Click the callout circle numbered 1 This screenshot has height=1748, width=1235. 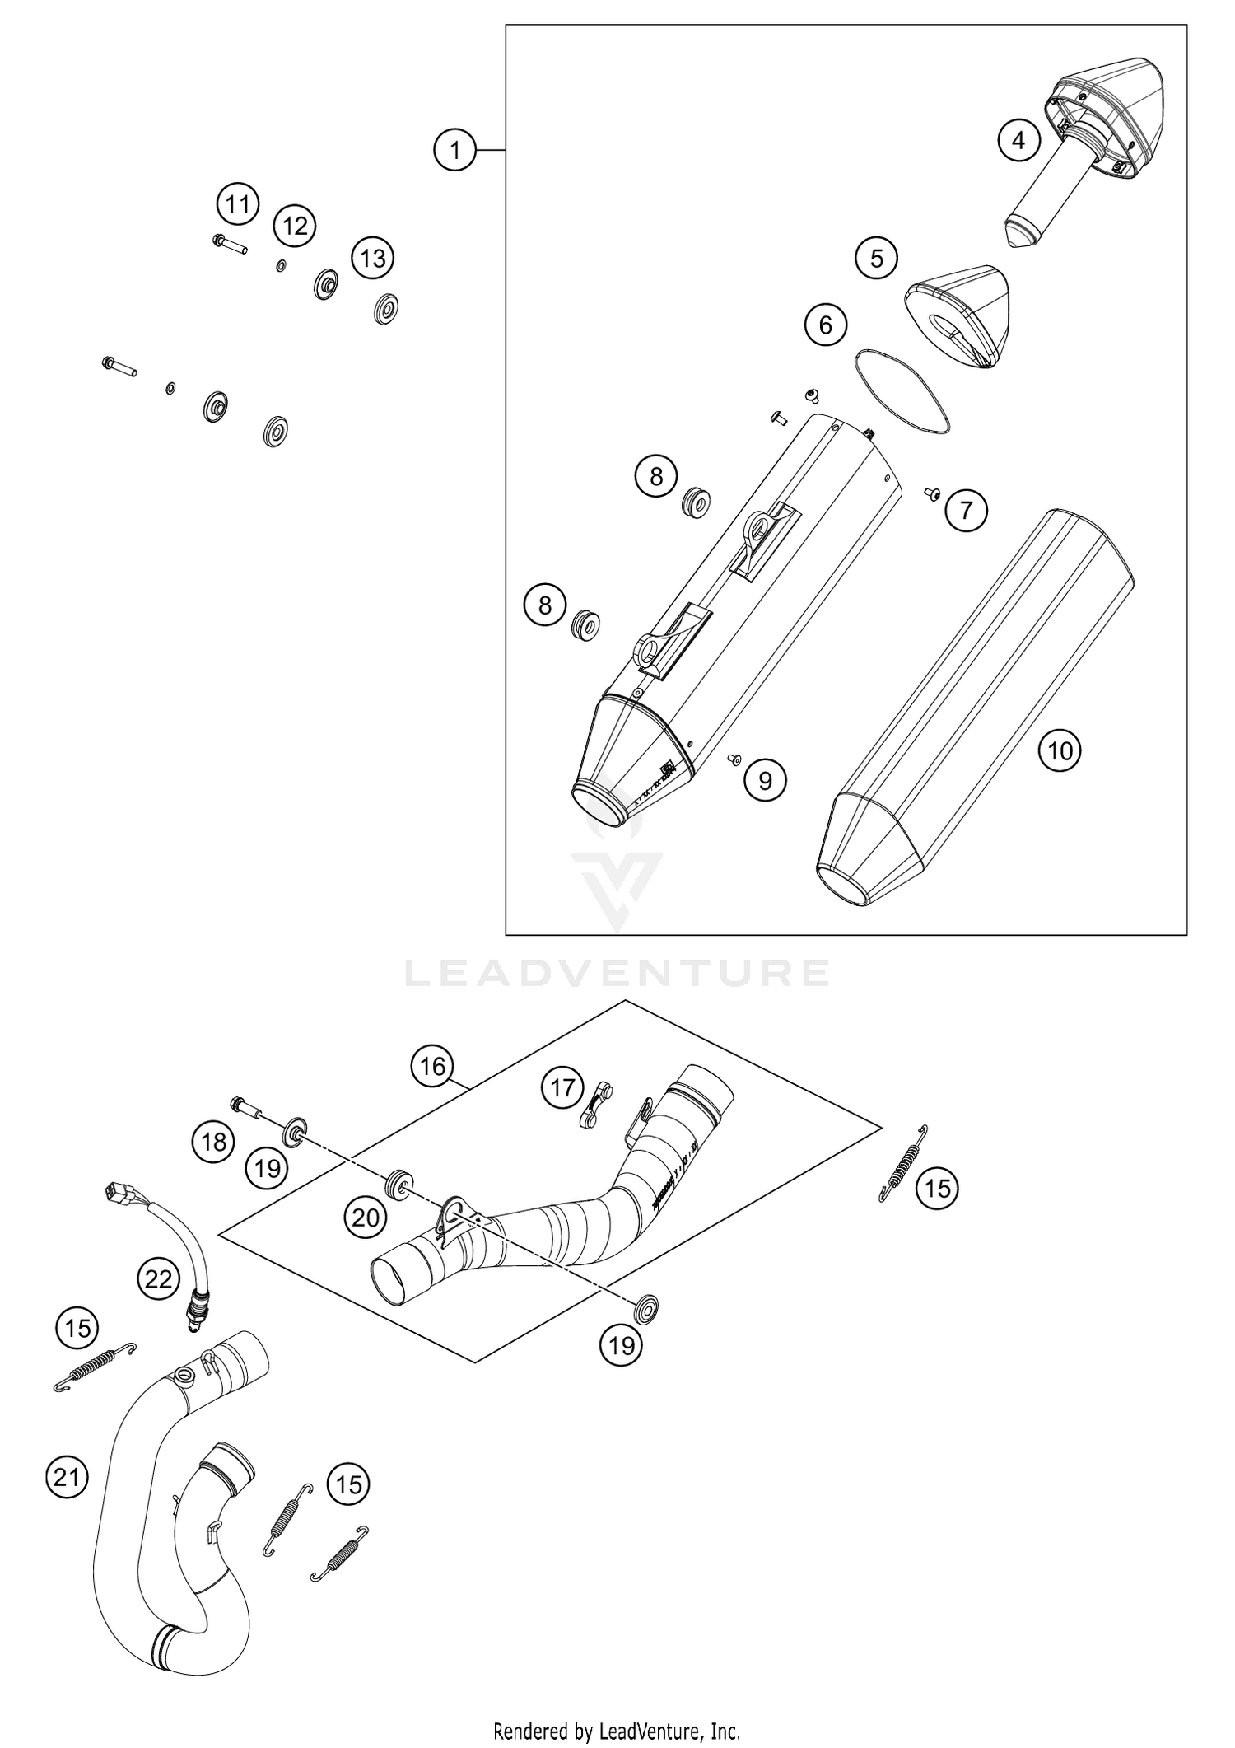(455, 150)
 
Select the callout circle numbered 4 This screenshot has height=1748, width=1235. (1018, 141)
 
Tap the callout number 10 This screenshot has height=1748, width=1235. (1060, 750)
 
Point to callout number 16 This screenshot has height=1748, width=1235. (432, 1067)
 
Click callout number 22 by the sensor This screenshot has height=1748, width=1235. (158, 1278)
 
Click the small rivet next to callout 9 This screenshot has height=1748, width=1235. (733, 758)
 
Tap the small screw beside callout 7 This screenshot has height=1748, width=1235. (932, 493)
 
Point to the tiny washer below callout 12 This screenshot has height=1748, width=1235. (281, 266)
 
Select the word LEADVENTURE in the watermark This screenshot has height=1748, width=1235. (617, 974)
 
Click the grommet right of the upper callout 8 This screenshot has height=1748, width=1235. (697, 502)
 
